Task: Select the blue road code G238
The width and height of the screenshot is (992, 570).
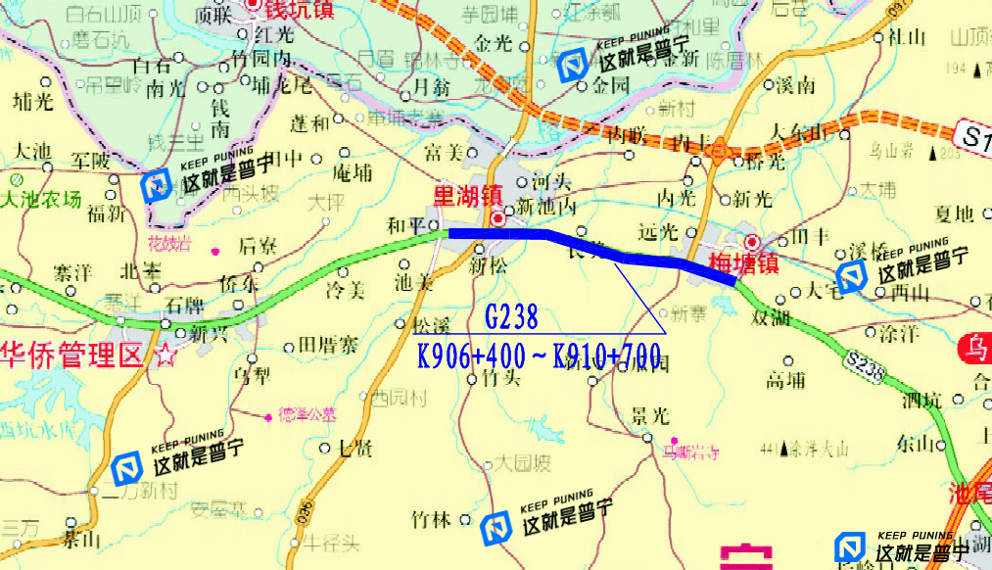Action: pyautogui.click(x=511, y=316)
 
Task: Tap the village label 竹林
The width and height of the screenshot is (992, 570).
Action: pyautogui.click(x=432, y=519)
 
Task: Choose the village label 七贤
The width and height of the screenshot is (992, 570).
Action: pyautogui.click(x=354, y=449)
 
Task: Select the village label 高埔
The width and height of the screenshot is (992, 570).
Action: pyautogui.click(x=785, y=380)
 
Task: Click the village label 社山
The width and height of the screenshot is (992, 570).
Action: pyautogui.click(x=906, y=37)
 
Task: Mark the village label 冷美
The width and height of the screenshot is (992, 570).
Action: pyautogui.click(x=345, y=291)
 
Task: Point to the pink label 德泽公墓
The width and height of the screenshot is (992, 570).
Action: pyautogui.click(x=307, y=413)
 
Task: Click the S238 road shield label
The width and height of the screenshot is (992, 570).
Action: pyautogui.click(x=866, y=366)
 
